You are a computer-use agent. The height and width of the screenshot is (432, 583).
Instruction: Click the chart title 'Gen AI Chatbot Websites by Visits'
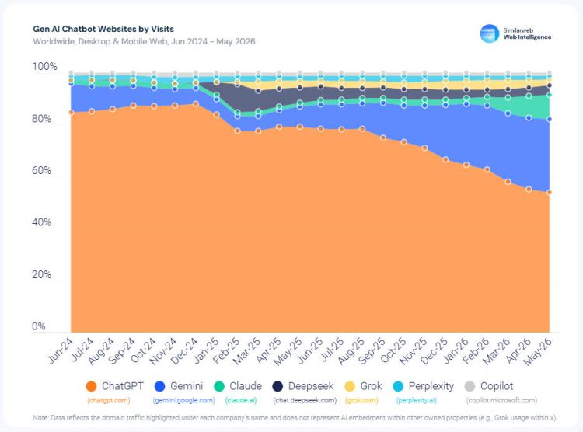103,29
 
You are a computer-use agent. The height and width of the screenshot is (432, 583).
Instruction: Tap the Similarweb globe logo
489,33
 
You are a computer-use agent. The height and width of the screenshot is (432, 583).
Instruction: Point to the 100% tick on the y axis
44,67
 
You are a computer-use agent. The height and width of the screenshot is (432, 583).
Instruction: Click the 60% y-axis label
42,171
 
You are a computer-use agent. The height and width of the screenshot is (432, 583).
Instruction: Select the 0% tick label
39,326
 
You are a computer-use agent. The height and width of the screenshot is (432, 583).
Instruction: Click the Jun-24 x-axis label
61,350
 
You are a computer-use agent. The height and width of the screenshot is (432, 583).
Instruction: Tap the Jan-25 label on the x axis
206,350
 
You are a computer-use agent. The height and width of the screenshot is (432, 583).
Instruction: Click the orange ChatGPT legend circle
91,386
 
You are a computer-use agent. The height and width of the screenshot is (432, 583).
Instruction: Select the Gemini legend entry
179,386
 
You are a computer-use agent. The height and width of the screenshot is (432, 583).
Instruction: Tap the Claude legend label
246,386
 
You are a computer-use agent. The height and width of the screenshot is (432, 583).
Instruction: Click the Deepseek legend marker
278,386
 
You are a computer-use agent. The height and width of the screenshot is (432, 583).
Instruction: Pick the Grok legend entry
363,386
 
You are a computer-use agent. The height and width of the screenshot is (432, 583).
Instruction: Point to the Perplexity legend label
431,386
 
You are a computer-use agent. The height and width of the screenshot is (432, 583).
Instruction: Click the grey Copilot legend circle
470,386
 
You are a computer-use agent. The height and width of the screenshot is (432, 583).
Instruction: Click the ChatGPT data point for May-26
549,193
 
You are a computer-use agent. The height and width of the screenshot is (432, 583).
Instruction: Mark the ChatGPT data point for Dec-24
196,104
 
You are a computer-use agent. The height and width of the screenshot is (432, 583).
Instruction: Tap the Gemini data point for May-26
549,120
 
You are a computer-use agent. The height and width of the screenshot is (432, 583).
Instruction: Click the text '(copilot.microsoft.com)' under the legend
501,400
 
